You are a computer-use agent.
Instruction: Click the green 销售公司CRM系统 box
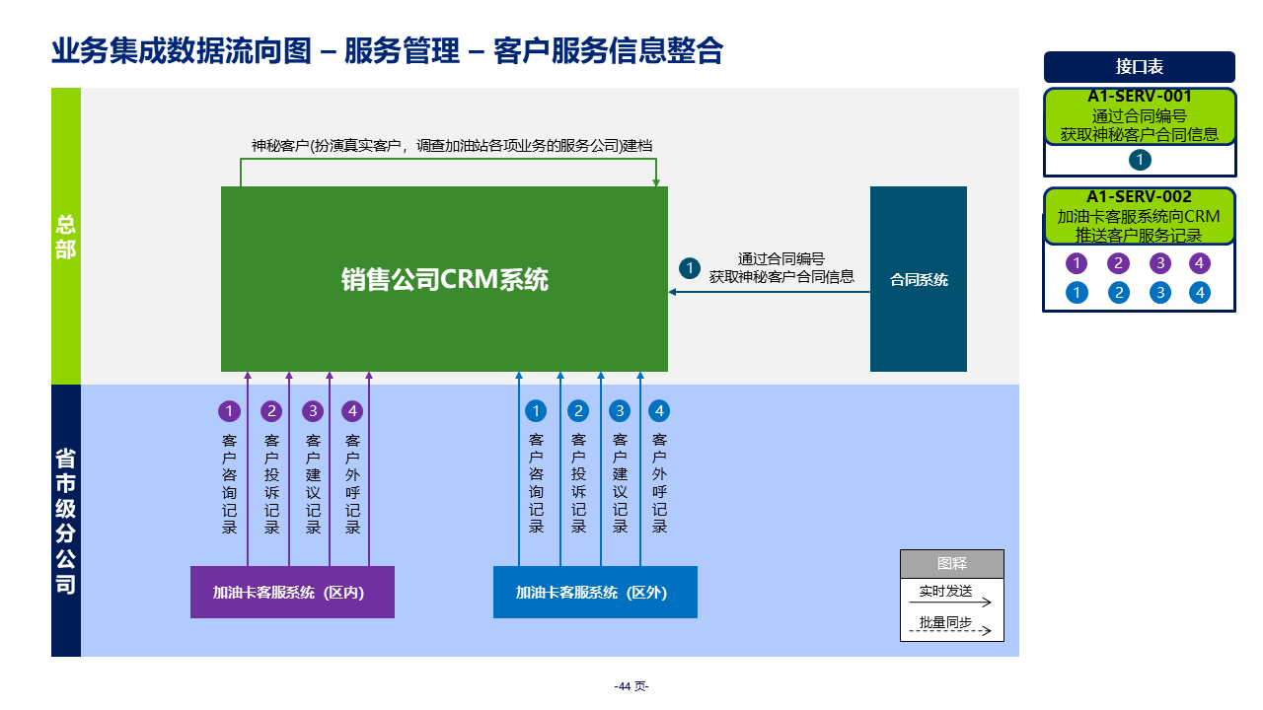click(x=444, y=279)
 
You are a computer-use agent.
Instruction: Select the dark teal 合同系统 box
click(x=918, y=279)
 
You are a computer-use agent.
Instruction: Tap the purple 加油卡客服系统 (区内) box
click(x=292, y=592)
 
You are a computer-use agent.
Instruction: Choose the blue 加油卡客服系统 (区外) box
click(x=595, y=592)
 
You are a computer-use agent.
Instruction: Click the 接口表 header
click(x=1139, y=67)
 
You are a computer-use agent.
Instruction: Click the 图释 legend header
click(x=951, y=564)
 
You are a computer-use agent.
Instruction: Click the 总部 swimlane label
click(x=65, y=237)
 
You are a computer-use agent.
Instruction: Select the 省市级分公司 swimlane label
click(x=65, y=521)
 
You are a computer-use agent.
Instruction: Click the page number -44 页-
click(x=631, y=686)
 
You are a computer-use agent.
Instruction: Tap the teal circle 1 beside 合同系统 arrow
click(x=690, y=268)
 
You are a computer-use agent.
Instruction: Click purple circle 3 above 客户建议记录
click(x=313, y=411)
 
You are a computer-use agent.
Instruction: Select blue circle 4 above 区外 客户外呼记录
click(x=659, y=411)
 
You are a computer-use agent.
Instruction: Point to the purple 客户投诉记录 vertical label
click(x=271, y=483)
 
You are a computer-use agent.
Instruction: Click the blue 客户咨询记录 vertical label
click(x=536, y=483)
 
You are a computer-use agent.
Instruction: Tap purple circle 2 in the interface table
click(x=1118, y=263)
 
